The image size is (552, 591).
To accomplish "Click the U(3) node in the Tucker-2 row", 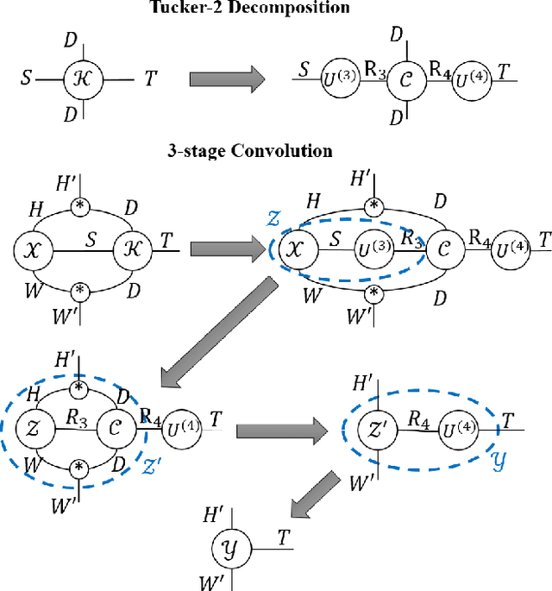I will tap(329, 81).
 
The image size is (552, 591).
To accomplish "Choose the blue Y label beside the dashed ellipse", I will tap(499, 462).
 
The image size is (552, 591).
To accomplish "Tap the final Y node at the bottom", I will tap(229, 545).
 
